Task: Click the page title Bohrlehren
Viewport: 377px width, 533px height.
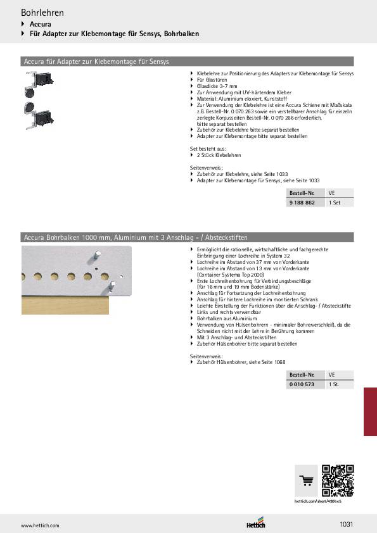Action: (x=42, y=12)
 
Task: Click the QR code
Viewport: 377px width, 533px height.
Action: (x=337, y=480)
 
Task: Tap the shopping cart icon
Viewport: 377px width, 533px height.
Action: (x=307, y=480)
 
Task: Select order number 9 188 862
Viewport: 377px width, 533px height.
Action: (x=301, y=202)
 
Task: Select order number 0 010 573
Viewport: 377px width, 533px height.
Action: (x=302, y=384)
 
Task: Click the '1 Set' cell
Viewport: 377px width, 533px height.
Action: (x=335, y=202)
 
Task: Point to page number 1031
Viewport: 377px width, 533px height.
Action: (x=346, y=524)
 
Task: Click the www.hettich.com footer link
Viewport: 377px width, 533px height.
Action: (x=40, y=525)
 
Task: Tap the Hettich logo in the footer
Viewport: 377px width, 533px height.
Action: (x=256, y=524)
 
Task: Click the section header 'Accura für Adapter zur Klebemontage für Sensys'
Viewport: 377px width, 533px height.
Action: (x=95, y=62)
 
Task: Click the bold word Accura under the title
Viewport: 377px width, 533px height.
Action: (x=41, y=24)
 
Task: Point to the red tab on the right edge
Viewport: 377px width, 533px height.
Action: (x=370, y=411)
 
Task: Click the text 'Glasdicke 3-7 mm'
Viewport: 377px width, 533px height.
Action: (x=217, y=86)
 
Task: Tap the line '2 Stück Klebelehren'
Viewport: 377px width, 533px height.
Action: (x=219, y=154)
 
